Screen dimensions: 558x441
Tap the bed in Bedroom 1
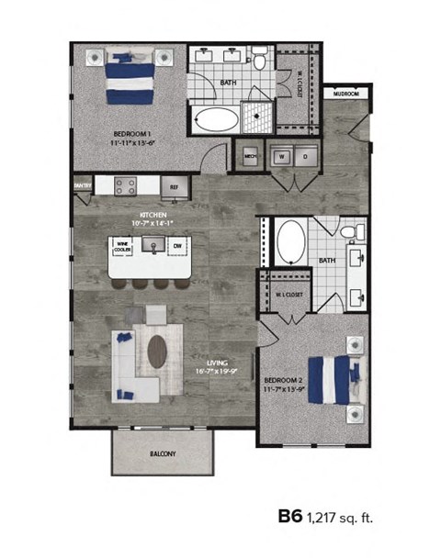click(129, 77)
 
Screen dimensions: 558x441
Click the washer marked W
click(277, 157)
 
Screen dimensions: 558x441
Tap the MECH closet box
click(249, 157)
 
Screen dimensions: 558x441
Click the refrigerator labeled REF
click(173, 187)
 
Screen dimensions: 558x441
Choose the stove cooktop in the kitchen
click(126, 186)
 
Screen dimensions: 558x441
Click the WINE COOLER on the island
click(122, 247)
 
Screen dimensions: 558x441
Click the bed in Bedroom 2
click(332, 378)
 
